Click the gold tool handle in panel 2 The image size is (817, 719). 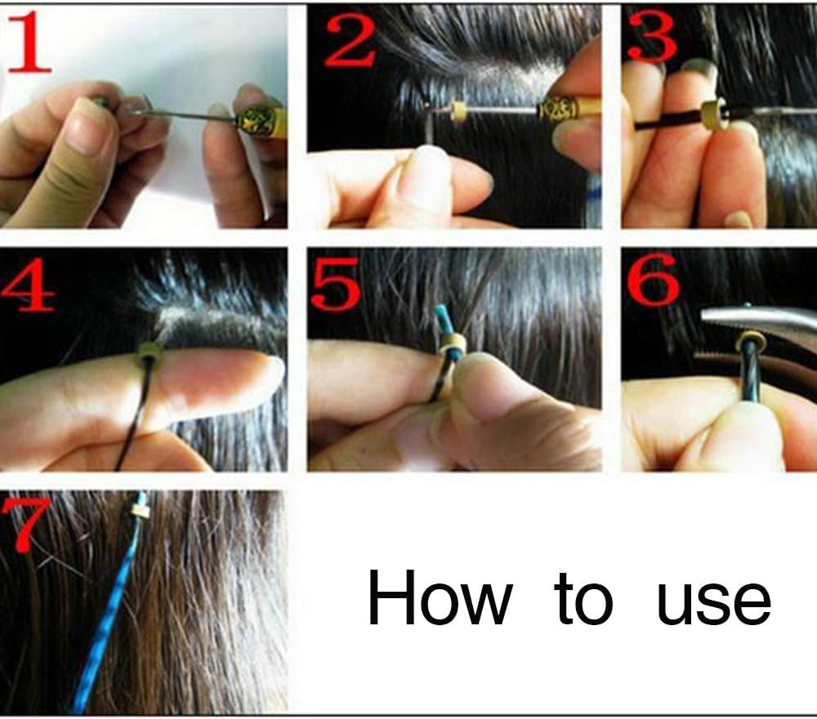pyautogui.click(x=564, y=109)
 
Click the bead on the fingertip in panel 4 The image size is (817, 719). pyautogui.click(x=149, y=353)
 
